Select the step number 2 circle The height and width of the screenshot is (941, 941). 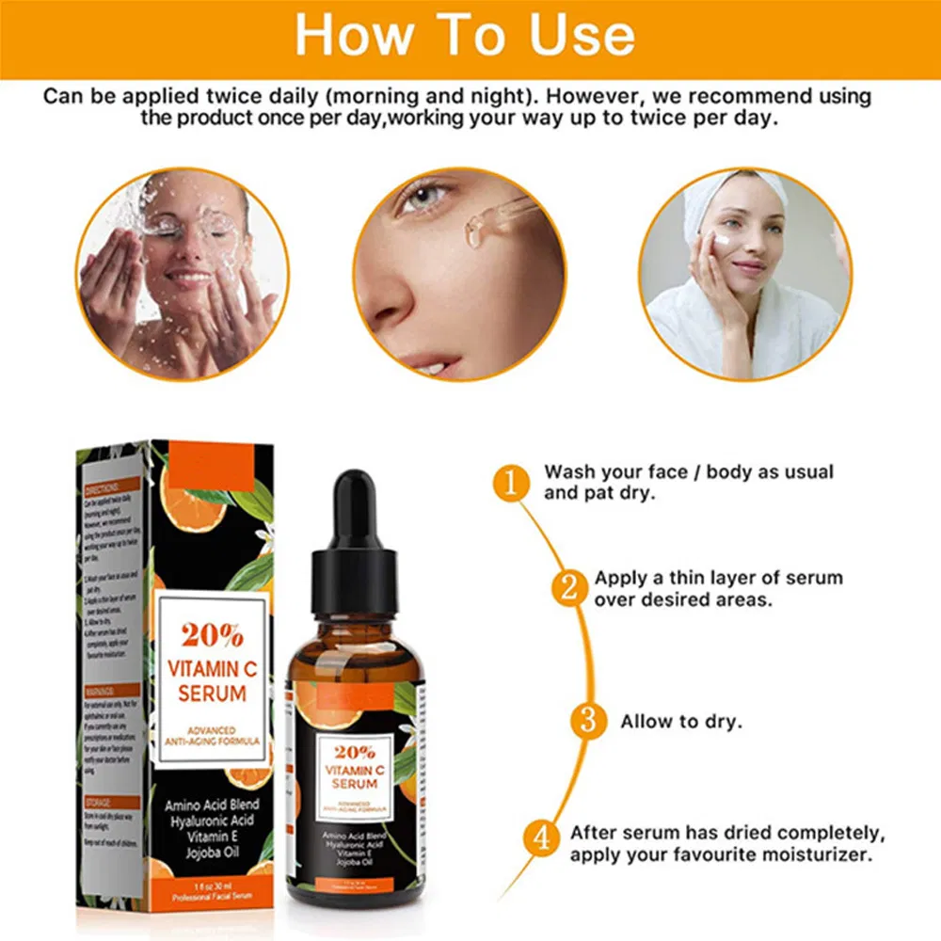(568, 589)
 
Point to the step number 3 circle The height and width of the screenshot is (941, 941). (588, 722)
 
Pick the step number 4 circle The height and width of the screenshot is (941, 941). (541, 837)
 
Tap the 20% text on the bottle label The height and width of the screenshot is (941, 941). (354, 752)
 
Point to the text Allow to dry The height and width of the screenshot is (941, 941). (681, 722)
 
